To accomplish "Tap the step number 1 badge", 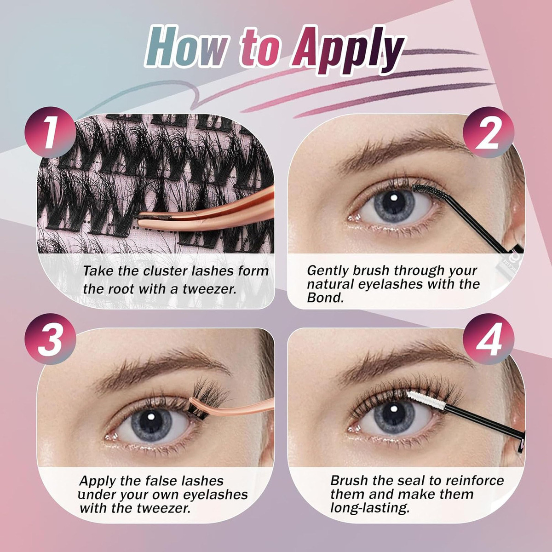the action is (51, 132).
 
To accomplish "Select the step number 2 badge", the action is (489, 132).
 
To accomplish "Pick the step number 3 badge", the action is (51, 339).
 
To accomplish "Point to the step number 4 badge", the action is (489, 339).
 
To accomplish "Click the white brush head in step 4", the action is (426, 400).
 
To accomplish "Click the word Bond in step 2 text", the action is (325, 298).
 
